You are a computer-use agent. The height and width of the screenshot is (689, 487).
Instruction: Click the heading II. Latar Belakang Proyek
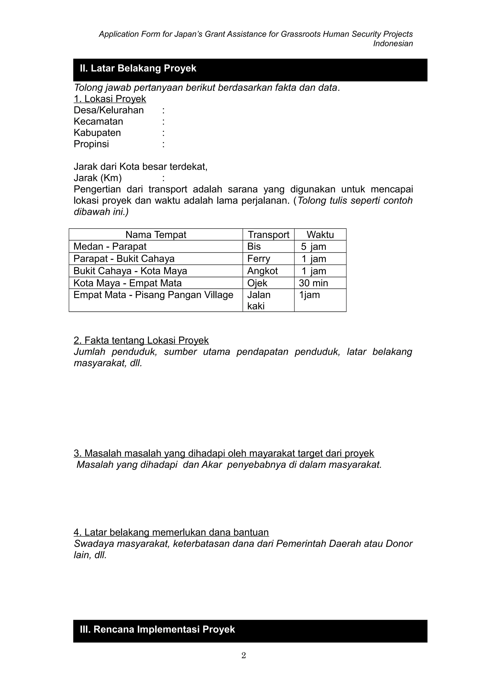pyautogui.click(x=138, y=68)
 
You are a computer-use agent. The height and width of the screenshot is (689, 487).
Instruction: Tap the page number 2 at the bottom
pyautogui.click(x=243, y=655)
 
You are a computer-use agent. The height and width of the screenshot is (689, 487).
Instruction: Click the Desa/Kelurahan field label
pyautogui.click(x=109, y=110)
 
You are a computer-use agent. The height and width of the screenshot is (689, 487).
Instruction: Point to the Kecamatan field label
pyautogui.click(x=98, y=121)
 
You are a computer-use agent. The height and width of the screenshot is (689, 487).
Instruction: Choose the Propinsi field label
pyautogui.click(x=91, y=144)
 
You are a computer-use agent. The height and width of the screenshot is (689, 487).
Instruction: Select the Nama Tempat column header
pyautogui.click(x=156, y=235)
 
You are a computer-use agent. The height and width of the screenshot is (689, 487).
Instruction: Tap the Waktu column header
pyautogui.click(x=320, y=235)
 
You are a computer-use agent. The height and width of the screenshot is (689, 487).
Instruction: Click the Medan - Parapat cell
pyautogui.click(x=110, y=247)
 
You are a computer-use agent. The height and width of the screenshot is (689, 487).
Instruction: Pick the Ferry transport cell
pyautogui.click(x=259, y=259)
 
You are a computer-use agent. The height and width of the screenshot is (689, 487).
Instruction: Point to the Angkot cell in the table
pyautogui.click(x=262, y=271)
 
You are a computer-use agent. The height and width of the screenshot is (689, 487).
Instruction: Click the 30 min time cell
pyautogui.click(x=313, y=283)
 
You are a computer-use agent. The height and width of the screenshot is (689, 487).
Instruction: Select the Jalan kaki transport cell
pyautogui.click(x=259, y=300)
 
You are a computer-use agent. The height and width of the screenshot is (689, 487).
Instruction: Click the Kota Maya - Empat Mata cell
pyautogui.click(x=127, y=283)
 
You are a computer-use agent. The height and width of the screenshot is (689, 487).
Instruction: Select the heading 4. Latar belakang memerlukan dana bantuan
pyautogui.click(x=171, y=532)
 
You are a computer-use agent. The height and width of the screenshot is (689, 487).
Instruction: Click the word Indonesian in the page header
pyautogui.click(x=393, y=44)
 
